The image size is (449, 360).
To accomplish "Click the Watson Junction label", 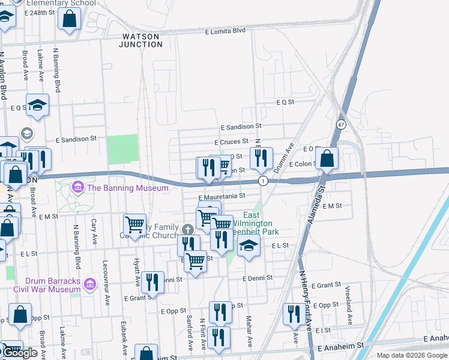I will click(139, 40).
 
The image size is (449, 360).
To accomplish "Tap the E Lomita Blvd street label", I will click(226, 31).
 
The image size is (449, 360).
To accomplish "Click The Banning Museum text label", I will click(128, 188).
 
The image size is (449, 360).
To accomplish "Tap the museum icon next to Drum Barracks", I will click(90, 283).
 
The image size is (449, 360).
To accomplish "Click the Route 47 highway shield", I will click(340, 124).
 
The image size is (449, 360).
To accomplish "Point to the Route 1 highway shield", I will click(262, 181).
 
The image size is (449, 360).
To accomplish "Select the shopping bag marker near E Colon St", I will click(327, 158).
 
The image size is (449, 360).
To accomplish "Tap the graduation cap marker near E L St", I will click(249, 245).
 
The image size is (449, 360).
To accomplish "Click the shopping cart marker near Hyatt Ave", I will click(134, 225).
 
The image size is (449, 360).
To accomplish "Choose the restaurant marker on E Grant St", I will click(153, 281).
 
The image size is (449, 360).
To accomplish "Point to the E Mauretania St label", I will click(222, 196).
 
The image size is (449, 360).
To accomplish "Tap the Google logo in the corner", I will click(19, 353).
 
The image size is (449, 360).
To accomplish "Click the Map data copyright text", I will click(412, 355).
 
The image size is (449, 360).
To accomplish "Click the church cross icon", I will click(188, 229).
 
